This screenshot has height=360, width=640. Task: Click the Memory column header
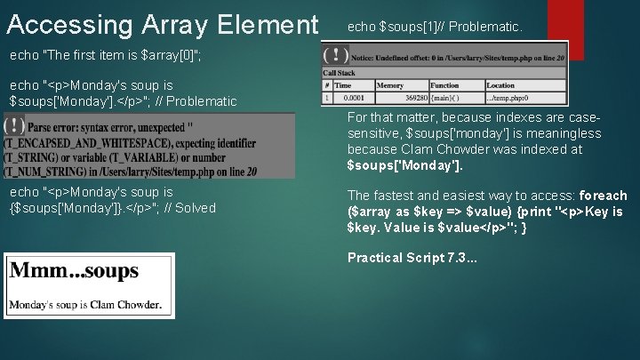click(390, 85)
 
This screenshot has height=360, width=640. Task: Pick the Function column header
click(445, 85)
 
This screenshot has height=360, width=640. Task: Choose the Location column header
click(500, 85)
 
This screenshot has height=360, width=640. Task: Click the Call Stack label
click(340, 73)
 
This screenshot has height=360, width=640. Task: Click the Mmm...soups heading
click(74, 270)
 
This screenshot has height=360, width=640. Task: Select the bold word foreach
click(604, 196)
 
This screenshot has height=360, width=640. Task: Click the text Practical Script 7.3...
click(412, 258)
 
